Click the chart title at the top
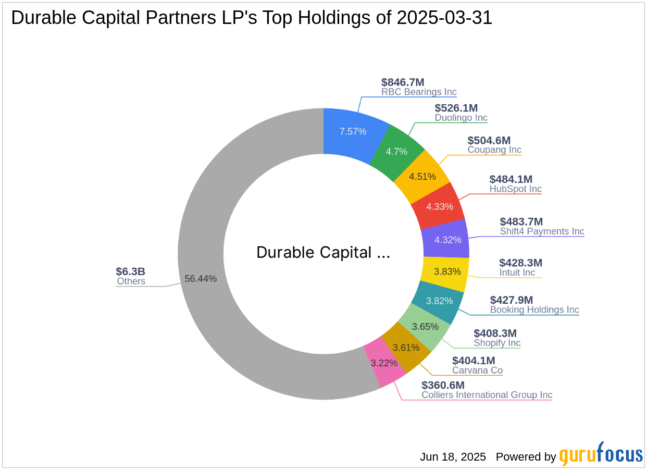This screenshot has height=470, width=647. pos(252,18)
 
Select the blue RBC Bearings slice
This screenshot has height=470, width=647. pos(353,131)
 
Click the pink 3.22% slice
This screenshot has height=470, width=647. pos(384,363)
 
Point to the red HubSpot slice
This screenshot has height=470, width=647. pos(440,206)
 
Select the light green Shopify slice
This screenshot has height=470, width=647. pos(424,327)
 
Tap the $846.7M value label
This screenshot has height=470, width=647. pos(403,82)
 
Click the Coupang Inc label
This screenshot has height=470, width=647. pos(494,150)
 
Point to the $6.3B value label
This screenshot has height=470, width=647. pos(130,271)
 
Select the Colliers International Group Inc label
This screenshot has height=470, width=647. pos(487,395)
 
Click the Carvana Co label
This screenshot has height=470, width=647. pos(477,370)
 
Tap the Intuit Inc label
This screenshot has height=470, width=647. pos(517,273)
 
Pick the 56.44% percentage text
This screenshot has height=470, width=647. pos(201,279)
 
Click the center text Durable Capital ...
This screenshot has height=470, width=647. pos(323,253)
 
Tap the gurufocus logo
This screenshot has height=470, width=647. pos(601,455)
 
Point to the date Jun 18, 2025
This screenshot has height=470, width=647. pos(453,457)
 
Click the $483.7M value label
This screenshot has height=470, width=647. pos(521,221)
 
